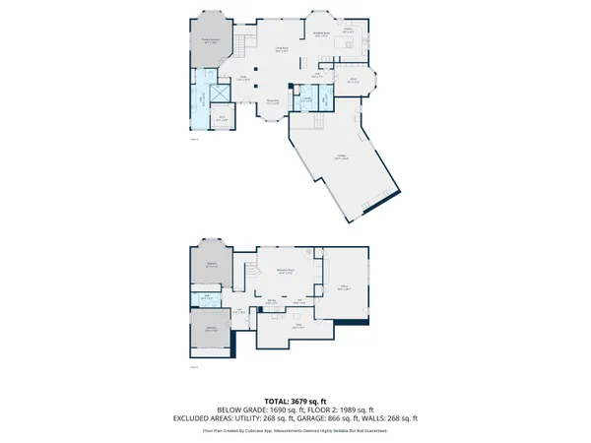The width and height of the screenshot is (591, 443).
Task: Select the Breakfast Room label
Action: point(321,34)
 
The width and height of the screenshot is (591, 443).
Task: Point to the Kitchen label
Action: point(348,31)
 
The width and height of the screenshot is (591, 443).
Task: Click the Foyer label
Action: point(242,79)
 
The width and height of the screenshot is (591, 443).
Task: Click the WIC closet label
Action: point(223,118)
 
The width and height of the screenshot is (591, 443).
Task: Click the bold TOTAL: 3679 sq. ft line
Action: point(295,401)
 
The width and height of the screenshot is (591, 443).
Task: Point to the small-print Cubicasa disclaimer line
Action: point(295,430)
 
